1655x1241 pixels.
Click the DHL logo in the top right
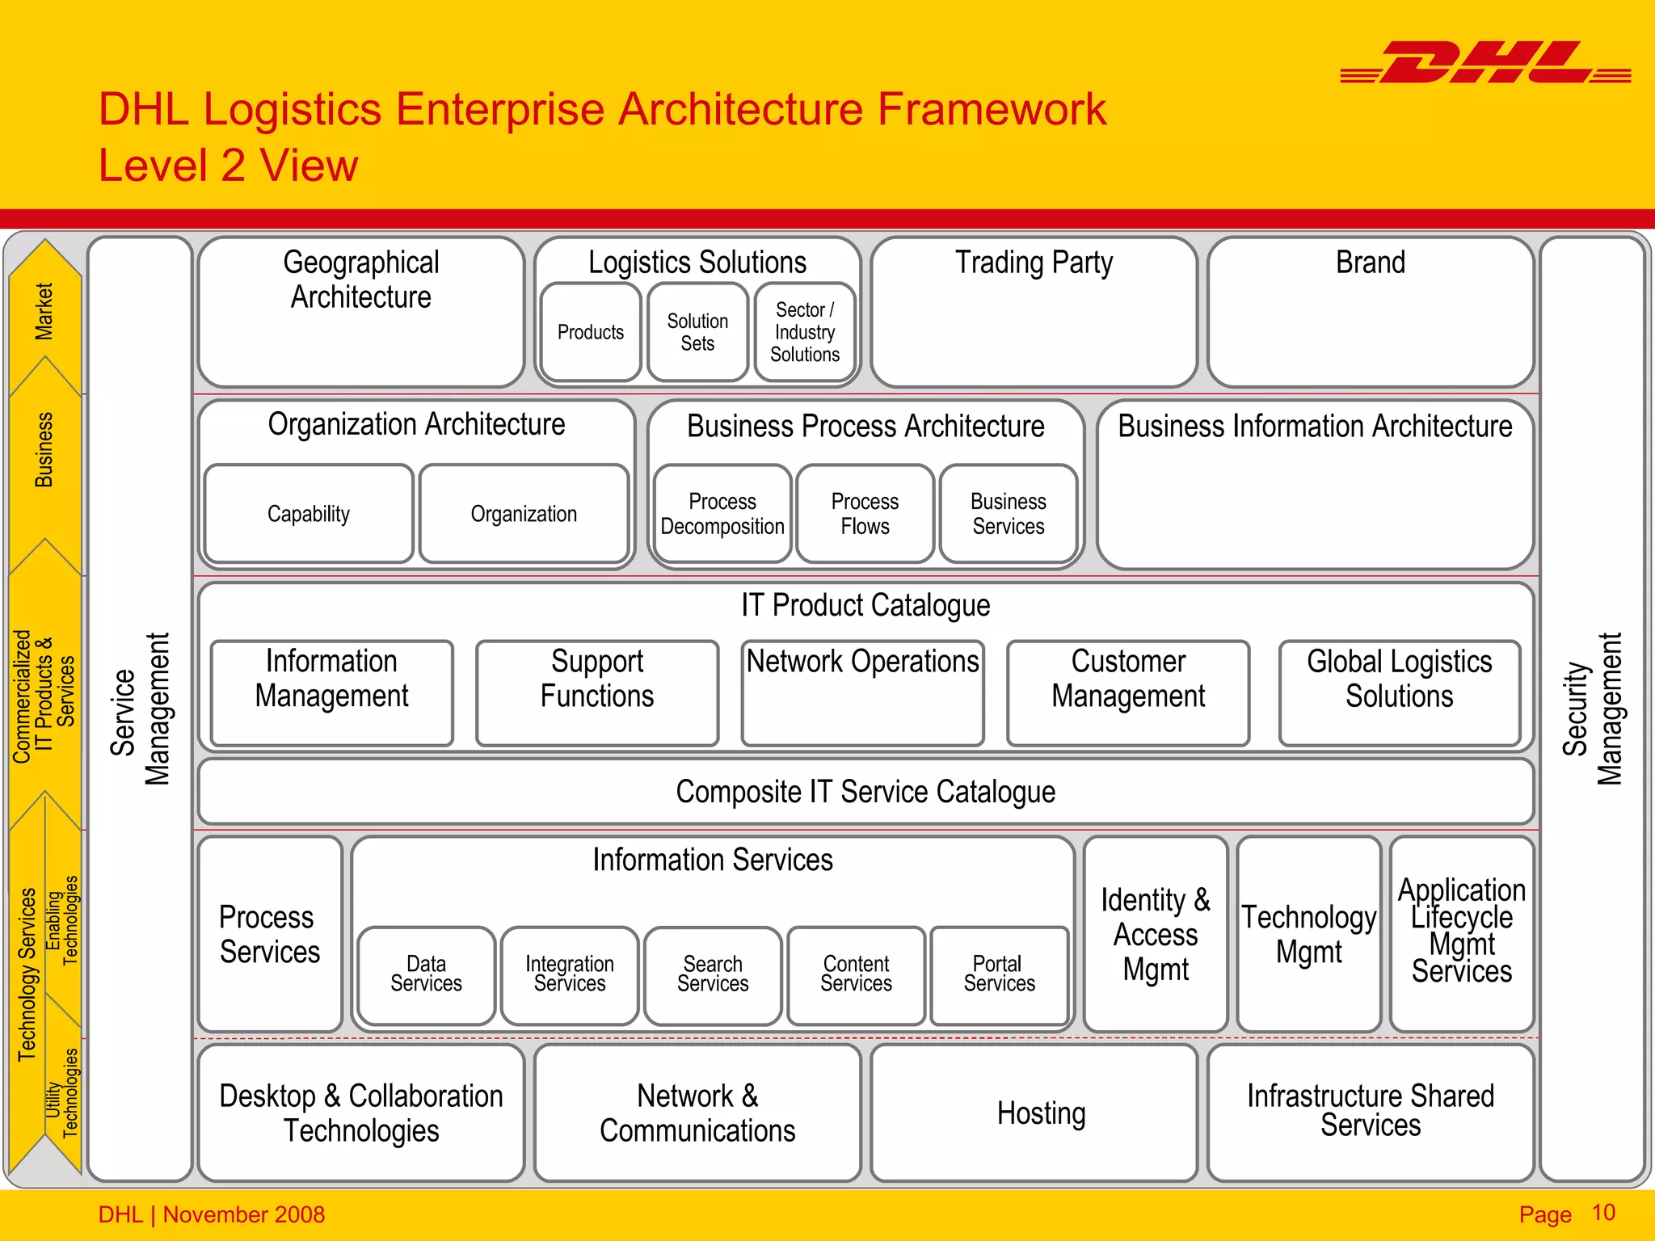1485,63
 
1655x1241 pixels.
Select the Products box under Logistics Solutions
591,332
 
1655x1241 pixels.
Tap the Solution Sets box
697,332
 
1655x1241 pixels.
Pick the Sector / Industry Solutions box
805,332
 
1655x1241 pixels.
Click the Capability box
309,514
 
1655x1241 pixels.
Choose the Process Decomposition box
722,514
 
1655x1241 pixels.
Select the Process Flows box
865,514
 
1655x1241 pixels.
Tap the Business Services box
1009,514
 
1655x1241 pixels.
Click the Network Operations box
862,692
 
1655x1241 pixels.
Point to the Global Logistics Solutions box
1400,692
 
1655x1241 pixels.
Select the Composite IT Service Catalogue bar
865,792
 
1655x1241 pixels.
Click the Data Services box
426,975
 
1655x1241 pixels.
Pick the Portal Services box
1000,975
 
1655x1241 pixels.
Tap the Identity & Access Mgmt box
1156,934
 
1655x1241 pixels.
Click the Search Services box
713,975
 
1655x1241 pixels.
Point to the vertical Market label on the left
44,312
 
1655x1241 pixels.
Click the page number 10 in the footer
1603,1213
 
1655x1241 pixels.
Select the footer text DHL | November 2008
212,1214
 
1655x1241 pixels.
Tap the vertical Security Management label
1592,709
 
